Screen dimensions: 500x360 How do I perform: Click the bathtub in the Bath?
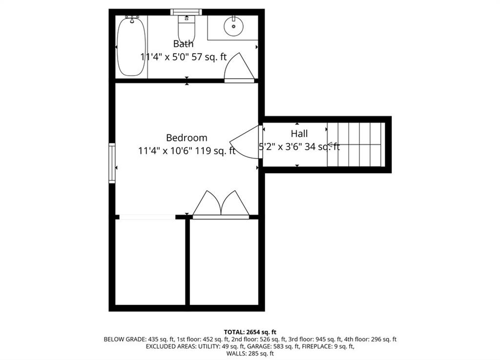pos(131,47)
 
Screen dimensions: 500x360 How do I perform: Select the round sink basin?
pos(234,26)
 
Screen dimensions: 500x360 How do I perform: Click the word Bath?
pos(183,43)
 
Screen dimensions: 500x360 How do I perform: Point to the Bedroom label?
pos(187,138)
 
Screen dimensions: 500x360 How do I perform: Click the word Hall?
pos(299,134)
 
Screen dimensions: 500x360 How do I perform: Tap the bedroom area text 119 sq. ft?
pos(215,151)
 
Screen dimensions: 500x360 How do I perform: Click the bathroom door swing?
pos(239,67)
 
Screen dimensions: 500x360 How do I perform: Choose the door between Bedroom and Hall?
pos(246,142)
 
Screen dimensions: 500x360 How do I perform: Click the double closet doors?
pos(221,204)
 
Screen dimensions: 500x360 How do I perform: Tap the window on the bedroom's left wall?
pos(112,163)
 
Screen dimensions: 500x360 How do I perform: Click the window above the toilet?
pos(186,12)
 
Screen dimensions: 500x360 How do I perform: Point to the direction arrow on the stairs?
pos(330,145)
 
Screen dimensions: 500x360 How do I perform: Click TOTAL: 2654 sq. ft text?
pos(250,332)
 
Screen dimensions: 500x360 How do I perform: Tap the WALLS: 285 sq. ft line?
pos(250,353)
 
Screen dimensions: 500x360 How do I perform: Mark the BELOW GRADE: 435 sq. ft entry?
pos(138,340)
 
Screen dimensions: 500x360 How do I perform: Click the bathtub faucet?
pos(132,19)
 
